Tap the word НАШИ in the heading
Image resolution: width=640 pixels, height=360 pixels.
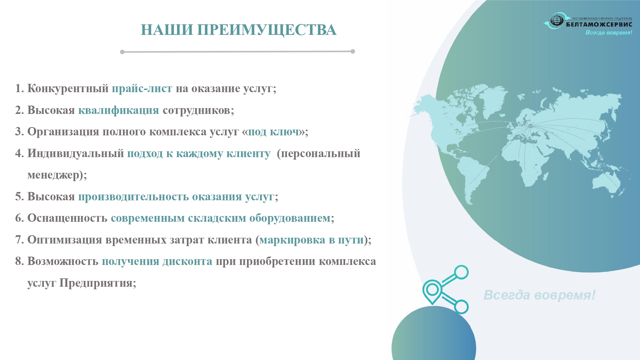coord(167,30)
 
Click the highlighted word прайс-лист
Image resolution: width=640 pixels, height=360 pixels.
coord(142,88)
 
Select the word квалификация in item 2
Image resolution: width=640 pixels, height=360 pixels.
coord(119,110)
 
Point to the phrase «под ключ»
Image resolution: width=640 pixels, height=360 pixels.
coord(274,132)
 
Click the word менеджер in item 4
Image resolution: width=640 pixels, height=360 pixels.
coord(53,175)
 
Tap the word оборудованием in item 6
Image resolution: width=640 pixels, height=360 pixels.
coord(290,218)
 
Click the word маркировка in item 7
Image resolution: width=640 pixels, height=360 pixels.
coord(292,240)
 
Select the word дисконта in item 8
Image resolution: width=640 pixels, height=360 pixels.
coord(187,261)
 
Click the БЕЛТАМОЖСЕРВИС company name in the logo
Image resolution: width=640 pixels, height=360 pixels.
coord(599,24)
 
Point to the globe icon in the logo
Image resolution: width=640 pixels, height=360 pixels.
coord(557,20)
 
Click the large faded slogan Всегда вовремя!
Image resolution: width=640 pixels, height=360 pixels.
coord(540,295)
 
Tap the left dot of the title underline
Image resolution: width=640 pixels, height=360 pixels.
coord(122,52)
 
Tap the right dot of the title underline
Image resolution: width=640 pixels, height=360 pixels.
coord(353,52)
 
